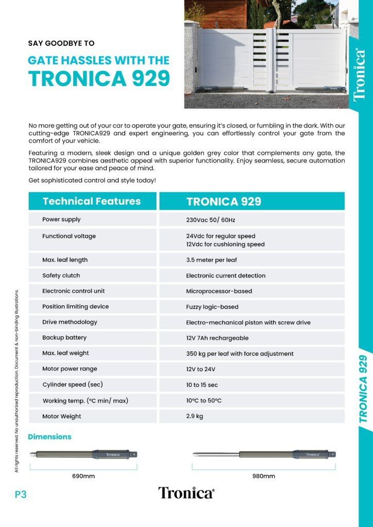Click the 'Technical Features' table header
coord(92,201)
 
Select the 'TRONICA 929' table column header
coord(224,201)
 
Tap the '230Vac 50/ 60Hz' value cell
coord(210,220)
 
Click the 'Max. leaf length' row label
coord(65,260)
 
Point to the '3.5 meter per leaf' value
coord(211,260)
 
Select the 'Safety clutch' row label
coord(61,275)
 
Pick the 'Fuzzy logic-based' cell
coord(212,307)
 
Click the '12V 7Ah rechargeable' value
coord(217,338)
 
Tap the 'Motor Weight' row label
coord(62,416)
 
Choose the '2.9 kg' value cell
coord(195,416)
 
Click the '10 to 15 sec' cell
coord(201,385)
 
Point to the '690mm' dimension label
coord(83,476)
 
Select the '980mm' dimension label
coord(263,476)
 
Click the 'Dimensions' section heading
coord(49,436)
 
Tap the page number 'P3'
coord(21,495)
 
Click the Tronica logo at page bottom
coord(186,493)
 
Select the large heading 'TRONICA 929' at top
coord(99,78)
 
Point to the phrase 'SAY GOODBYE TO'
coord(61,44)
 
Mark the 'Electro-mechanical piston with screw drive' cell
coord(248,323)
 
